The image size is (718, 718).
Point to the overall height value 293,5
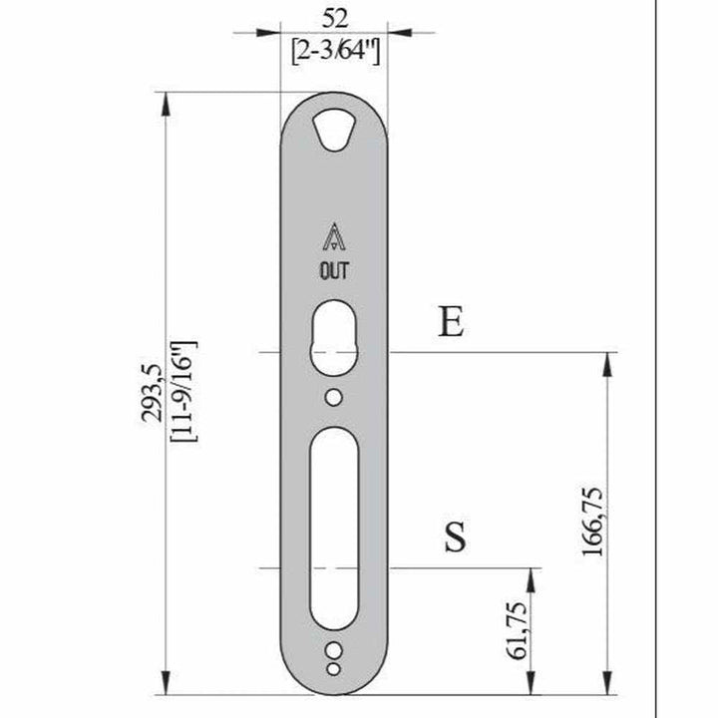point(151,394)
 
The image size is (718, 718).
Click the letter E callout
point(452,323)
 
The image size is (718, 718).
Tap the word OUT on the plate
point(333,269)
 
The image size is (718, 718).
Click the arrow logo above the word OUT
point(333,237)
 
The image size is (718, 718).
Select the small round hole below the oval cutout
point(334,397)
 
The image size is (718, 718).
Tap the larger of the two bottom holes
point(333,648)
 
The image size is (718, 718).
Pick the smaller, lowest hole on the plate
point(334,665)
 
